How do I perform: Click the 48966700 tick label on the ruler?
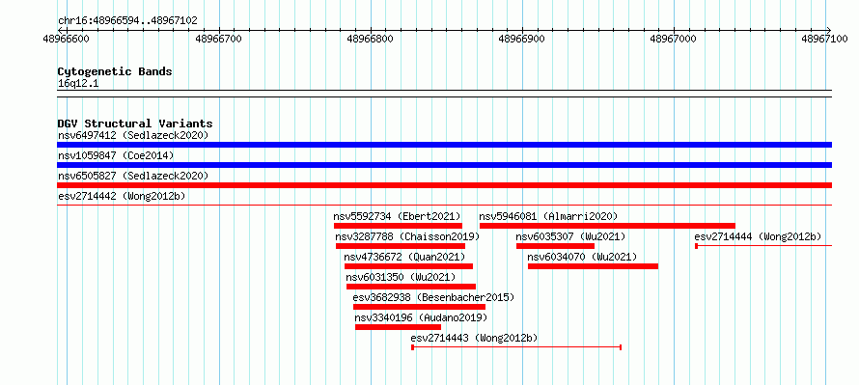(x=219, y=39)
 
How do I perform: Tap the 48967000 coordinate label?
(x=674, y=39)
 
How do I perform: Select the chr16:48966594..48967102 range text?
(x=127, y=21)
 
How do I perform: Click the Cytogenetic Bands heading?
(x=115, y=71)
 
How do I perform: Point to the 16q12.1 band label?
(x=78, y=84)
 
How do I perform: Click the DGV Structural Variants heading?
(x=135, y=124)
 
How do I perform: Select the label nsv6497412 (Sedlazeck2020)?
(x=133, y=135)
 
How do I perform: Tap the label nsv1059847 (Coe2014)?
(x=116, y=155)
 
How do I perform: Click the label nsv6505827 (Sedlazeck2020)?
(x=133, y=176)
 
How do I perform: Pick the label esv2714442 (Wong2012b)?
(x=121, y=196)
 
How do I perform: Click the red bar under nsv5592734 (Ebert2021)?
(x=398, y=226)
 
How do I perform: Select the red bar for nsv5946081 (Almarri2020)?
(x=607, y=226)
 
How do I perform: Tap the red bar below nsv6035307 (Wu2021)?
(x=555, y=246)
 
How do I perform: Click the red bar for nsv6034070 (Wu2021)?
(x=593, y=266)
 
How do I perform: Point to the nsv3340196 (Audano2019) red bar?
(x=398, y=327)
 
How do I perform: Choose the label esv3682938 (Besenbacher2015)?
(x=433, y=297)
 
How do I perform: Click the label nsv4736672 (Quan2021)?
(x=404, y=257)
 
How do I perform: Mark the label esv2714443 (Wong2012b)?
(x=474, y=338)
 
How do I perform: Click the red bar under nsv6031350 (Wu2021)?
(x=411, y=287)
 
